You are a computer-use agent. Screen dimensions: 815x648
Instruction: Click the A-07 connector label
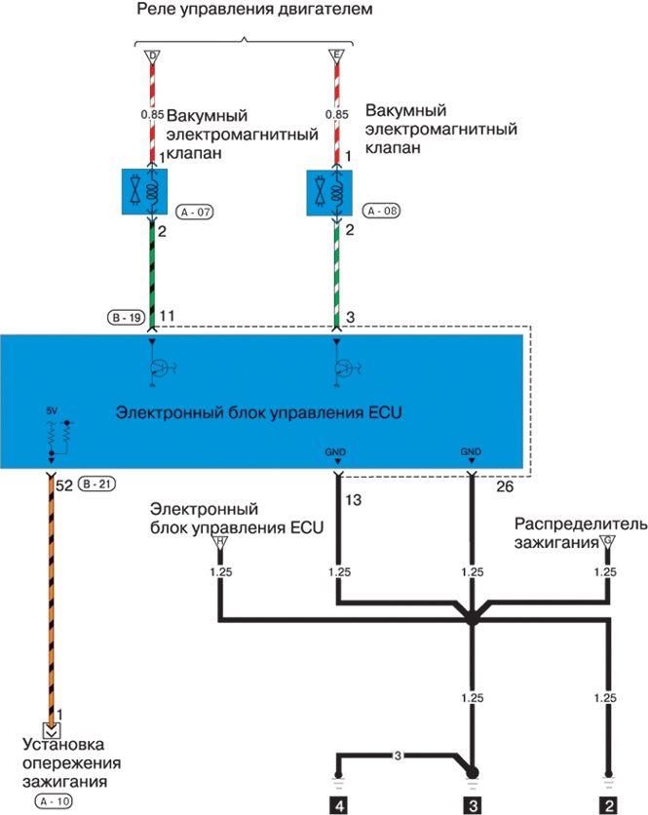point(195,210)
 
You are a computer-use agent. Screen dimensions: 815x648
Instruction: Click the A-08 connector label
point(381,210)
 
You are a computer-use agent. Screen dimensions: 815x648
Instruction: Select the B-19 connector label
point(126,317)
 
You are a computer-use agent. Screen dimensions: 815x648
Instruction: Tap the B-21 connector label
point(95,485)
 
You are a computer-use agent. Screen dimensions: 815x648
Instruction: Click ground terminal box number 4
point(338,805)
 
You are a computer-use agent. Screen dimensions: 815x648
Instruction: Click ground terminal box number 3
point(472,805)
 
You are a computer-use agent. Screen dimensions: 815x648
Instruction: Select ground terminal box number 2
point(607,805)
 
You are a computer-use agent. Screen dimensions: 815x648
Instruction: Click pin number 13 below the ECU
point(352,501)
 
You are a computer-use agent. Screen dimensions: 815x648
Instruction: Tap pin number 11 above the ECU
point(167,317)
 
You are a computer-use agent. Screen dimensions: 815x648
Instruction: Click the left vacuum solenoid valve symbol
point(144,191)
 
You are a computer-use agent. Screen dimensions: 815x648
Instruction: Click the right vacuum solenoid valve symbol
point(331,191)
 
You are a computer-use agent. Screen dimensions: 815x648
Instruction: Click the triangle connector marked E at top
point(337,57)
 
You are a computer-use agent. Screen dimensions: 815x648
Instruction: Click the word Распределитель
point(581,524)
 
